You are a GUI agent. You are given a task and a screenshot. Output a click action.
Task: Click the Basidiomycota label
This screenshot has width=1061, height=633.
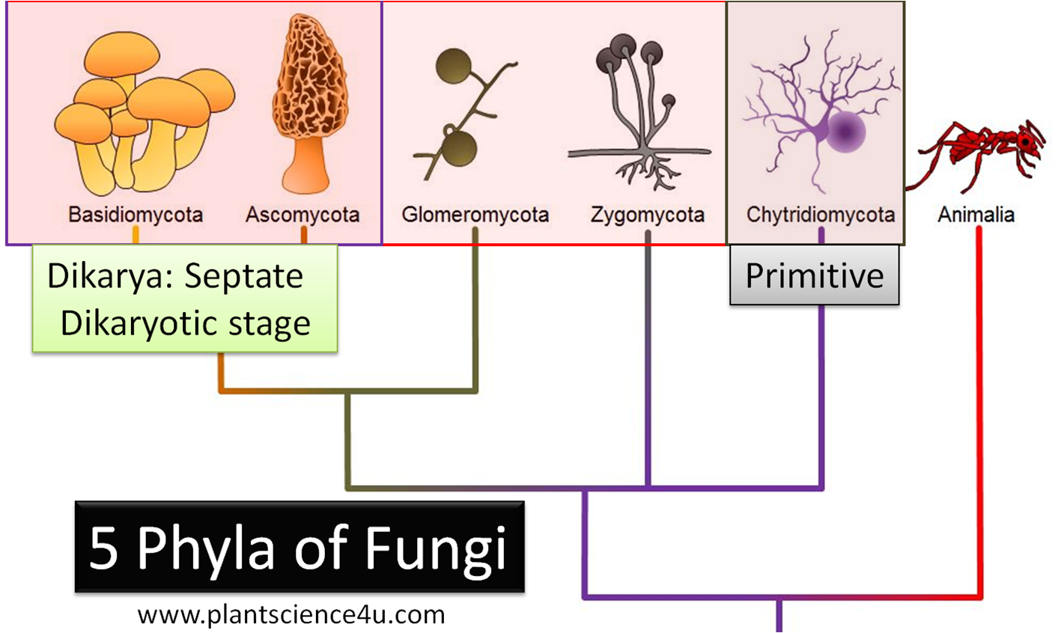(x=136, y=215)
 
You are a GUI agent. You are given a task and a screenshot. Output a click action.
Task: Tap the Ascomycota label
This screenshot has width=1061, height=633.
(x=303, y=215)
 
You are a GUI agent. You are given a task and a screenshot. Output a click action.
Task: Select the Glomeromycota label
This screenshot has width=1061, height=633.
(x=475, y=215)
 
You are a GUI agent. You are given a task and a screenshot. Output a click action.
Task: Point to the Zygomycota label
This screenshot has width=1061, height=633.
(x=648, y=215)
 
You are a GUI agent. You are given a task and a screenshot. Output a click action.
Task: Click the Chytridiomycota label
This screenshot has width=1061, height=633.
(x=821, y=215)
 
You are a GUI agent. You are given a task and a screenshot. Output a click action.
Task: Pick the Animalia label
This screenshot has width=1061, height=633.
(x=976, y=215)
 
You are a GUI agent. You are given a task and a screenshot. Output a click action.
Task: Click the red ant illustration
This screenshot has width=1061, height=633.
(x=981, y=150)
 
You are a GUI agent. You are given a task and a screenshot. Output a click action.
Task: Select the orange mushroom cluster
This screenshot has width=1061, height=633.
(x=142, y=112)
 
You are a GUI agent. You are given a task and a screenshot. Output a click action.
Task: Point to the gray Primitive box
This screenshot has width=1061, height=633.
(x=815, y=275)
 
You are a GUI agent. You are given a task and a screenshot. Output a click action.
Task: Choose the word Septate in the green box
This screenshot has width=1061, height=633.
(x=244, y=276)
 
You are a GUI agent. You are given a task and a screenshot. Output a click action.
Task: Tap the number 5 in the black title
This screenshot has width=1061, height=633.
(x=104, y=548)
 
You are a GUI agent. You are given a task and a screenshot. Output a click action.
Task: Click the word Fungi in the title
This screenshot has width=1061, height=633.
(x=436, y=548)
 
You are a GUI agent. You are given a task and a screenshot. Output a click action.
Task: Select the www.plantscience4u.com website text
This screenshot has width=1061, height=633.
(x=291, y=615)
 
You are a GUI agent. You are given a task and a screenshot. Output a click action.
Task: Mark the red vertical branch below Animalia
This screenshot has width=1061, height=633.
(x=979, y=412)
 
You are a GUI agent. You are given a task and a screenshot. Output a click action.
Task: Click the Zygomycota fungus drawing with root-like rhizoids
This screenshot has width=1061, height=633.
(x=640, y=112)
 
